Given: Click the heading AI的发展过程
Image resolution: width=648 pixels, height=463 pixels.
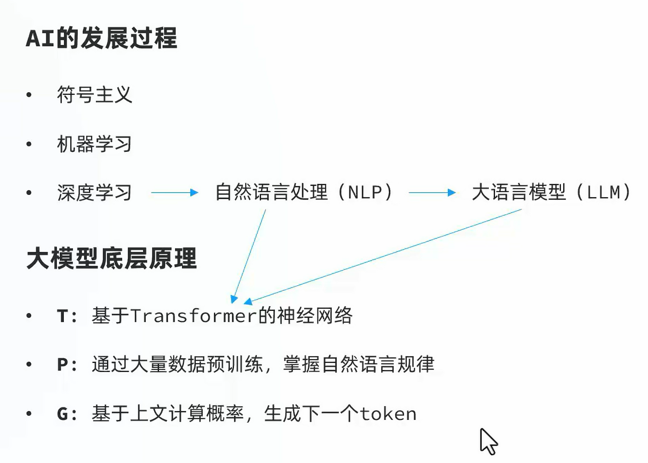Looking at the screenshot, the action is coord(101,38).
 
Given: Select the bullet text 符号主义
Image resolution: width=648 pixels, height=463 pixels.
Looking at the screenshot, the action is coord(94,95).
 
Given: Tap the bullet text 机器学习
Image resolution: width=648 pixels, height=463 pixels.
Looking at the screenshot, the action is coord(94,144).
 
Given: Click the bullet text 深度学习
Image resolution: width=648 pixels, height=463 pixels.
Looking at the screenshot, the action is coord(94,193).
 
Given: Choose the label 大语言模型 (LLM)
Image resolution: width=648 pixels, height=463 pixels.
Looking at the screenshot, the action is coord(551,192).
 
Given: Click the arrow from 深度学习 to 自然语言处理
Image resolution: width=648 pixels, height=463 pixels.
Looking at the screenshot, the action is coord(174,193).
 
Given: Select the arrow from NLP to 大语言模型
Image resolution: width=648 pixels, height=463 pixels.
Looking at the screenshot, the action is coord(432,193).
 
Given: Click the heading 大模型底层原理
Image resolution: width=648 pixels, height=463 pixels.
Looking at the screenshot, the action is coord(112,258).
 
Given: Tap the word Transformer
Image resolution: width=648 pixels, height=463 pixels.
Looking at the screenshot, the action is coord(193,316).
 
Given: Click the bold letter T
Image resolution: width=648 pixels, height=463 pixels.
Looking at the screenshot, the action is coord(62,316).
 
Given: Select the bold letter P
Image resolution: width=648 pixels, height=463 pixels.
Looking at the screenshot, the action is coord(62,365).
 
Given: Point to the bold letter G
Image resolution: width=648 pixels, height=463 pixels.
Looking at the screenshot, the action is coord(62,414).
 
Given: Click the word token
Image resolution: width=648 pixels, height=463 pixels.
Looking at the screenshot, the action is coord(388,414).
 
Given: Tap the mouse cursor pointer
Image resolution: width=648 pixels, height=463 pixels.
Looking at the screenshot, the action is coord(488,441).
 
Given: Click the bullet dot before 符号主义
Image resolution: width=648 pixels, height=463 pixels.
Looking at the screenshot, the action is coord(29,95).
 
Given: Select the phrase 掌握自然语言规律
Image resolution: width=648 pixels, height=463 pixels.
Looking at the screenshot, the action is coord(359,364).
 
